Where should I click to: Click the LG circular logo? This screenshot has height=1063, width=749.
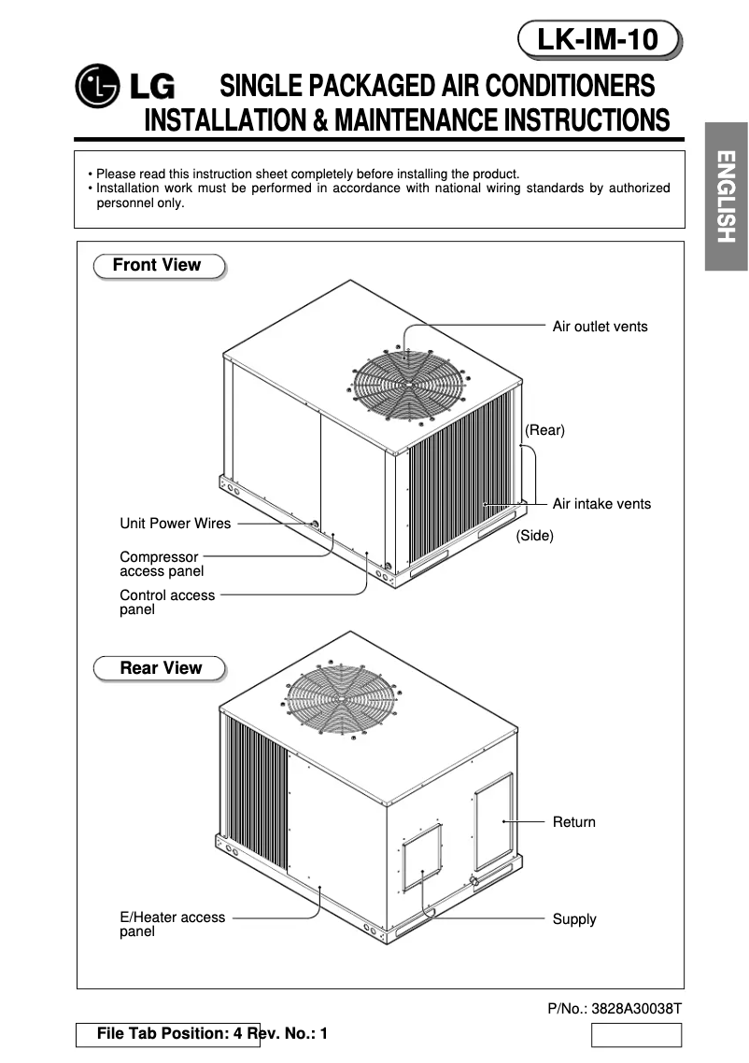click(x=98, y=88)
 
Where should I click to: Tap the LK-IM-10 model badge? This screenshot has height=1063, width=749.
click(x=598, y=40)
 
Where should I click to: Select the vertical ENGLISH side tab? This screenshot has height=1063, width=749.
click(x=727, y=196)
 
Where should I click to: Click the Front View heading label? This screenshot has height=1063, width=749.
click(x=158, y=265)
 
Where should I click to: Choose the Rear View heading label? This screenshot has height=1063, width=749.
click(x=160, y=668)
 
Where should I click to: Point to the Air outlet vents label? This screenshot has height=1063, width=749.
click(x=600, y=327)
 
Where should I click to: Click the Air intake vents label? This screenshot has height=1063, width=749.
click(x=601, y=504)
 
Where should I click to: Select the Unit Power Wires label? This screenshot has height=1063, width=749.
click(x=175, y=524)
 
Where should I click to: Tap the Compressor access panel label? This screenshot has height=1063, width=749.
click(x=161, y=564)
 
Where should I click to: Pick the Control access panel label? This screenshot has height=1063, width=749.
click(x=166, y=602)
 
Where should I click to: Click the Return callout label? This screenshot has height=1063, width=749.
click(x=573, y=822)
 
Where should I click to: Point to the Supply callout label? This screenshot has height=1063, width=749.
click(x=573, y=919)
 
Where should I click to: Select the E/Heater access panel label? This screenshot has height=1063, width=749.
click(x=172, y=924)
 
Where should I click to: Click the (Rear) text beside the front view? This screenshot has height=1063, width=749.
click(x=544, y=430)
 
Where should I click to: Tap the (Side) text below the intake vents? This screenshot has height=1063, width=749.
click(x=534, y=536)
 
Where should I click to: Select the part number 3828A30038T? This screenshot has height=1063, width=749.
click(x=615, y=1009)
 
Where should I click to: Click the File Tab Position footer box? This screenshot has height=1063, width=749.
click(x=168, y=1034)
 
